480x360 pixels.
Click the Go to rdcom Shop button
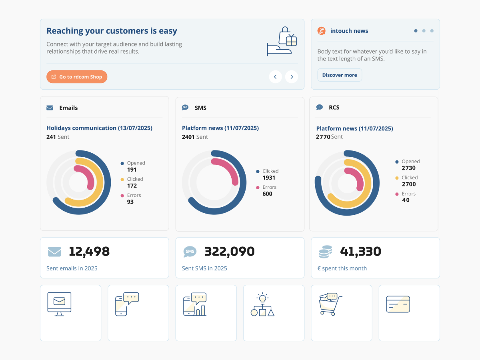(x=77, y=77)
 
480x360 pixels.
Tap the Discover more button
(x=340, y=75)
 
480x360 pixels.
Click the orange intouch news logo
(x=321, y=31)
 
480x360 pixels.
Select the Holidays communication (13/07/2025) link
(x=99, y=128)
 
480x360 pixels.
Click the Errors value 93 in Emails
(x=130, y=202)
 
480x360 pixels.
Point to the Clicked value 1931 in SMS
(x=269, y=178)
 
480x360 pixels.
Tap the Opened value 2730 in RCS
(x=409, y=168)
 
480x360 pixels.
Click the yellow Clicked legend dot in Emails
(x=122, y=180)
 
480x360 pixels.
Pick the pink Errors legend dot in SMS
(x=258, y=188)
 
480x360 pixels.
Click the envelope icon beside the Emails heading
(x=50, y=108)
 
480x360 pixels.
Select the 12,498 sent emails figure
(x=89, y=252)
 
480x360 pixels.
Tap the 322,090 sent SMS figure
(x=229, y=252)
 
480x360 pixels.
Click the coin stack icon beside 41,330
(x=325, y=252)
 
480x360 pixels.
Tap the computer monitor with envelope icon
(x=59, y=304)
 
